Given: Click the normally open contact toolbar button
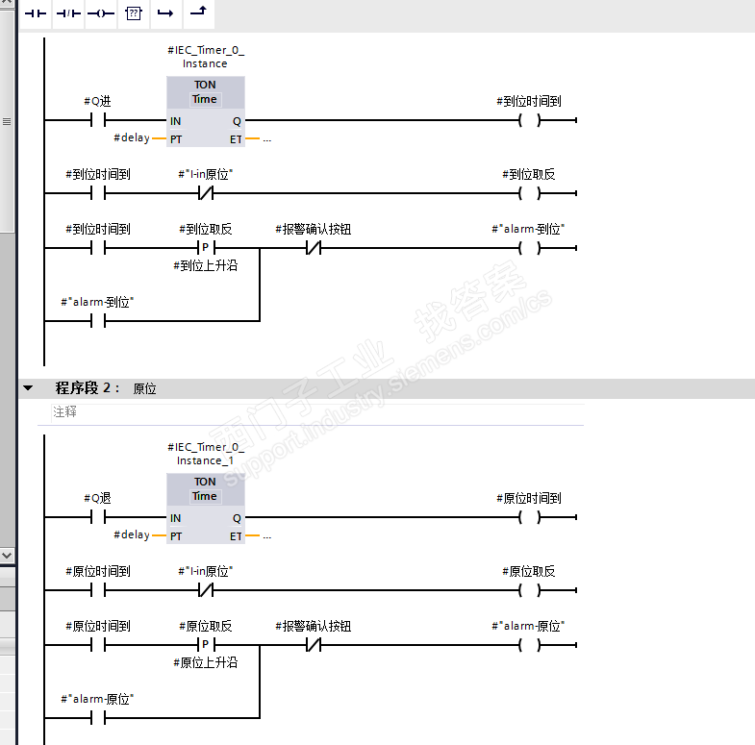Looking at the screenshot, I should [36, 13].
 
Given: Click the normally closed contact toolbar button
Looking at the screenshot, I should [68, 13].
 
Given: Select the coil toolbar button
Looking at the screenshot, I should [100, 13].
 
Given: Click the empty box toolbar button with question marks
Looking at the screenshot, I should [133, 13].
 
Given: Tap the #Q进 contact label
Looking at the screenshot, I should [97, 101].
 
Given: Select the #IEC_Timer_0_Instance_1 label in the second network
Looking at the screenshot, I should [205, 454].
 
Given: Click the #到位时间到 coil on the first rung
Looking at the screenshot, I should [528, 120].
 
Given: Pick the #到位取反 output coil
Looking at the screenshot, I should [528, 193].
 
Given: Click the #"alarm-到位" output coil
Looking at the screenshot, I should [528, 248].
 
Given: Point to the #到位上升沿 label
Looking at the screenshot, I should [205, 265].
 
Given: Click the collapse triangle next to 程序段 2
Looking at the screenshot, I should [28, 388].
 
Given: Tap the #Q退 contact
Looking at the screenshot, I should [97, 517].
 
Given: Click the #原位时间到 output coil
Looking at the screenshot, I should [528, 517].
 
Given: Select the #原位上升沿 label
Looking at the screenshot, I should [205, 662].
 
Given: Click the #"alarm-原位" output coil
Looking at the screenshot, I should [528, 645].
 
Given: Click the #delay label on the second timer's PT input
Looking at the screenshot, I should [132, 534].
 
